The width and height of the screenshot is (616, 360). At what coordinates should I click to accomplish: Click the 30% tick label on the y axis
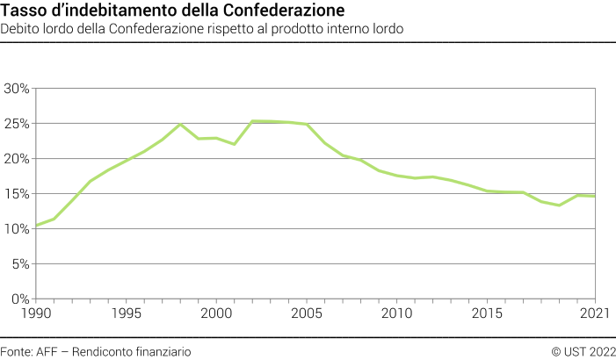coord(17,89)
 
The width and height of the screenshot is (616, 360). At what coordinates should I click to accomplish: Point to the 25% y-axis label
coord(17,124)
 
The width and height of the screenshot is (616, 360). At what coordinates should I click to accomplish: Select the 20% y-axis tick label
coord(17,159)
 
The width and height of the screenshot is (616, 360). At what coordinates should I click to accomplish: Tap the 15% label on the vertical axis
coord(17,194)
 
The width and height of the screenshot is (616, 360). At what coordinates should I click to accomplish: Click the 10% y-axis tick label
coord(17,229)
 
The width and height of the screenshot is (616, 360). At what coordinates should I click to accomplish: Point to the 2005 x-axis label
coord(307,313)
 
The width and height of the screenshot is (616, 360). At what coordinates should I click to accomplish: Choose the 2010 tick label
coord(397,313)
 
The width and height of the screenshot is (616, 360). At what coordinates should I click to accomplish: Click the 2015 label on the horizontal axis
coord(488,313)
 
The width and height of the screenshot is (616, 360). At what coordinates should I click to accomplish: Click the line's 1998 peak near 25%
coord(180,124)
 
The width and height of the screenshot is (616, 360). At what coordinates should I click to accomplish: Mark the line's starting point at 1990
coord(35,226)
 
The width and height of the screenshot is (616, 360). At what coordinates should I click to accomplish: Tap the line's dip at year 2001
coord(234,144)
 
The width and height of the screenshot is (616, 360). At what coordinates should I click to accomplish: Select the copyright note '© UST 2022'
coord(582,351)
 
